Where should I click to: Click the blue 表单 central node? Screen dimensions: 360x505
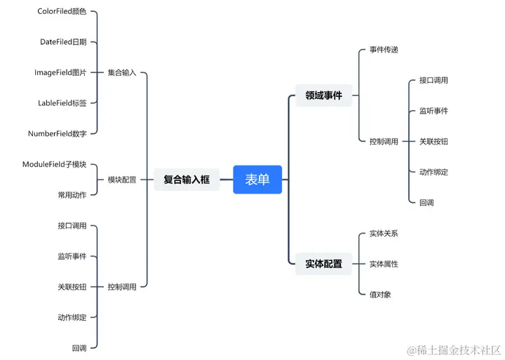coord(257,179)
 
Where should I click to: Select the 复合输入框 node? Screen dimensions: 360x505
coord(187,180)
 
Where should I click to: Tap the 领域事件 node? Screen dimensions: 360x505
coord(323,95)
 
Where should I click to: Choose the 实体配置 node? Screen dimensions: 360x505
coord(323,264)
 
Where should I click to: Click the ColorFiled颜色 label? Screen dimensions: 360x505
coord(62,12)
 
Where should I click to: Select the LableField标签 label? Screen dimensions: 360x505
coord(62,102)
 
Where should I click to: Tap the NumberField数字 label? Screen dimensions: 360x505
coord(58,133)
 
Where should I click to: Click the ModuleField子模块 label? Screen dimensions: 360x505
coord(55,164)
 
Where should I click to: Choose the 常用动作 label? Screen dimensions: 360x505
coord(72,194)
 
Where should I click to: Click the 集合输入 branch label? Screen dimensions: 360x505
coord(122,72)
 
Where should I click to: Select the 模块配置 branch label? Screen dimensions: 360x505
coord(122,180)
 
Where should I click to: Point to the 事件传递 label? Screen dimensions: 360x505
coord(384,50)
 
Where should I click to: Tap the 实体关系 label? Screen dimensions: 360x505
coord(384,233)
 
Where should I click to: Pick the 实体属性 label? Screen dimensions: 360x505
coord(384,264)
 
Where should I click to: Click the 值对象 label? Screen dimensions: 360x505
coord(380,294)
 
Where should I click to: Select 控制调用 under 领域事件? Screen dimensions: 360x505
coord(384,141)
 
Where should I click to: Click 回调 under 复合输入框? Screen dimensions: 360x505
coord(79,347)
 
